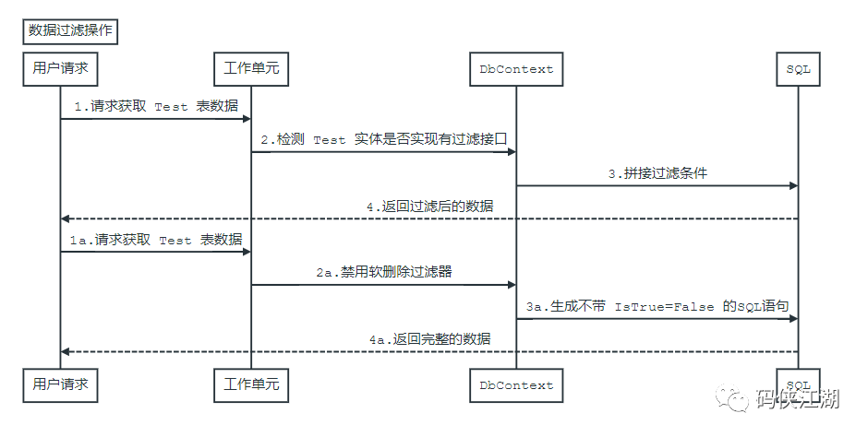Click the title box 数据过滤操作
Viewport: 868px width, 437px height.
coord(70,31)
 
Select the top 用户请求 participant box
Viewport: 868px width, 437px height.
coord(60,69)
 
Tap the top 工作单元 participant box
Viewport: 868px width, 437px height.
coord(251,69)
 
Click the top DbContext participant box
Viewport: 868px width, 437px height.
coord(516,69)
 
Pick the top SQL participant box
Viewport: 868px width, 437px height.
coord(798,69)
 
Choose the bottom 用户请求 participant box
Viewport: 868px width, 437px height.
coord(60,385)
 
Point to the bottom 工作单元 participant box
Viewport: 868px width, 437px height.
coord(251,385)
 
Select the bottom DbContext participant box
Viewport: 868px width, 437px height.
coord(516,385)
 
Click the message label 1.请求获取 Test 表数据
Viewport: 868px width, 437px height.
coord(156,106)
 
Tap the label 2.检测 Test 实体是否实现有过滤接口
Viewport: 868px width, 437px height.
coord(384,139)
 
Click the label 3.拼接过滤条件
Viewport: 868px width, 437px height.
coord(657,173)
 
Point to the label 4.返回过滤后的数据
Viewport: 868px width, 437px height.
coord(429,207)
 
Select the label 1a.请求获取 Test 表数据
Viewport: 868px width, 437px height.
coord(156,239)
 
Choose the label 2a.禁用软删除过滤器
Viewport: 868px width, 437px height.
coord(384,272)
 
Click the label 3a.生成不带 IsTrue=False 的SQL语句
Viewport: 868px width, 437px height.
coord(657,306)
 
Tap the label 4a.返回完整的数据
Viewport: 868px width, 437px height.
coord(429,338)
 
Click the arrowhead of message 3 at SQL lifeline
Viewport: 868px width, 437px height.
coord(794,185)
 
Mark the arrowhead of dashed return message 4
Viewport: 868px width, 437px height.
coord(65,218)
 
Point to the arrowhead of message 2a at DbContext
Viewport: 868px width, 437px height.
coord(512,285)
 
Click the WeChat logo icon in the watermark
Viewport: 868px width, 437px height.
coord(732,397)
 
